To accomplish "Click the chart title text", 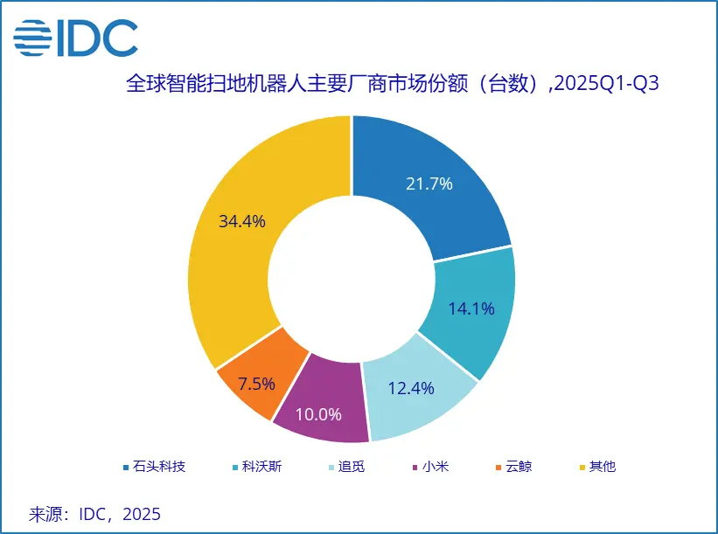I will pyautogui.click(x=393, y=85).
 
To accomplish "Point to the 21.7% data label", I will pyautogui.click(x=429, y=184).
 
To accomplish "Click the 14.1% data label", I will pyautogui.click(x=471, y=309).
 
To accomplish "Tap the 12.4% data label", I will pyautogui.click(x=410, y=389).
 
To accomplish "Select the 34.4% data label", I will pyautogui.click(x=241, y=221).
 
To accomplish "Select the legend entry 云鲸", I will pyautogui.click(x=517, y=467).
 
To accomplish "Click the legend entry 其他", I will pyautogui.click(x=602, y=467).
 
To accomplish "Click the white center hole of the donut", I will pyautogui.click(x=352, y=280).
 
